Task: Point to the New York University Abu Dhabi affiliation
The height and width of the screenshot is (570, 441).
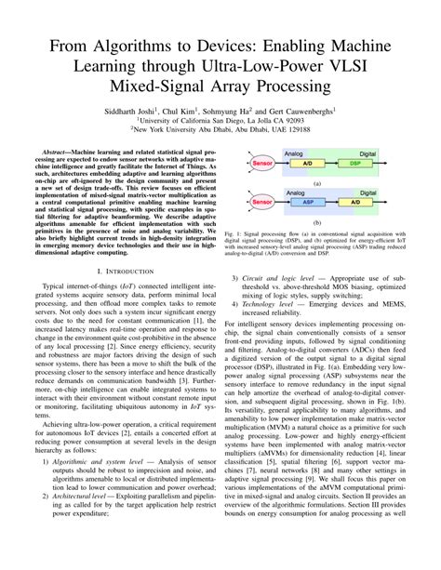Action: point(220,131)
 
